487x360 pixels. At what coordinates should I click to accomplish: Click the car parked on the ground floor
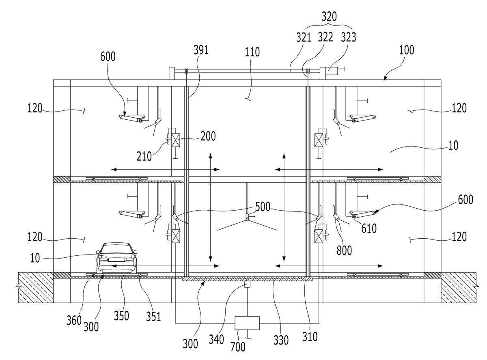116,258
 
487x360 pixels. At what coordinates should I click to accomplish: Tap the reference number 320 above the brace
329,17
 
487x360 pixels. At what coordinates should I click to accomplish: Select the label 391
200,50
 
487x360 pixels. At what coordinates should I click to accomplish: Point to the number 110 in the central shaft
252,52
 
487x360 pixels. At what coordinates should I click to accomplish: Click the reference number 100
406,50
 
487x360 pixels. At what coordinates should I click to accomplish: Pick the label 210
144,156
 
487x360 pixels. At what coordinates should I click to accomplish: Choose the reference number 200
208,136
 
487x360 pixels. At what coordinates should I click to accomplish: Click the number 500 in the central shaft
263,207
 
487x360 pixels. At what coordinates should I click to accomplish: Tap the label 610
369,229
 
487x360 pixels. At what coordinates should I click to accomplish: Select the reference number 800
344,250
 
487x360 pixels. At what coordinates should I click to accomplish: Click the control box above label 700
247,323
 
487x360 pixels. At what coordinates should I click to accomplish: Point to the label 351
153,317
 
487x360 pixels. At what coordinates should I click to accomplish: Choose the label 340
216,339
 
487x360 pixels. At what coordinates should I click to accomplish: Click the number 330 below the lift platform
281,340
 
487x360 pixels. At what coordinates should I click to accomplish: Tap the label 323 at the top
348,37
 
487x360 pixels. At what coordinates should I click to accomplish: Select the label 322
325,37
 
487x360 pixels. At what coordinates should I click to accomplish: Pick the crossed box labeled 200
176,140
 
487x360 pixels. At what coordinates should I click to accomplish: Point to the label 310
310,336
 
